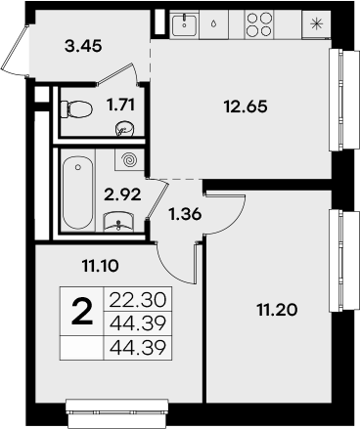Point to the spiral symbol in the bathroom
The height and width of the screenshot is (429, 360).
point(128,158)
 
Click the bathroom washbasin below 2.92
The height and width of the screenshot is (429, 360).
point(120,221)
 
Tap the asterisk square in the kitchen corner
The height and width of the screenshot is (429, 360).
point(314,23)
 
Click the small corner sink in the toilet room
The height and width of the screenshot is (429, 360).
point(123,128)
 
